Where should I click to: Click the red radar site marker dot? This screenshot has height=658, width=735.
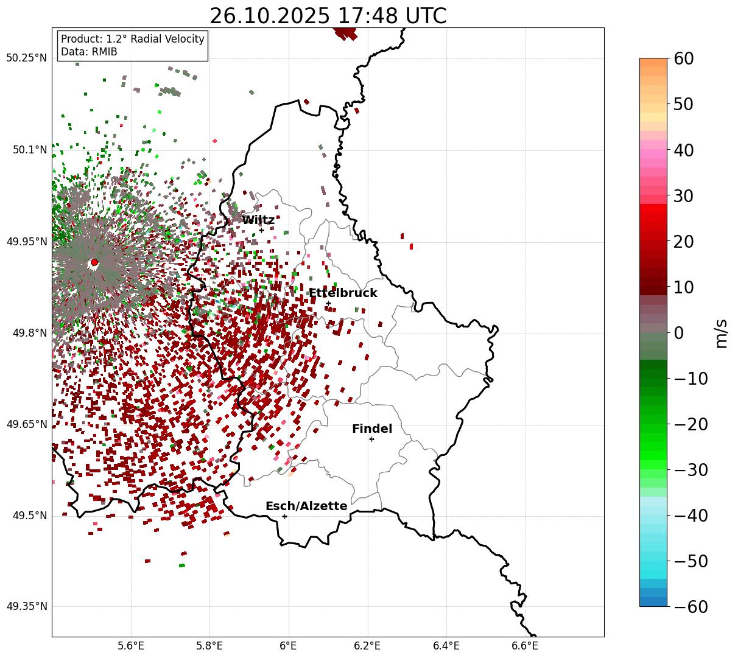(x=94, y=262)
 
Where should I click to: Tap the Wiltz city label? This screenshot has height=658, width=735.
(x=258, y=220)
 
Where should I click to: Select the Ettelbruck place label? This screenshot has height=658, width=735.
(x=343, y=293)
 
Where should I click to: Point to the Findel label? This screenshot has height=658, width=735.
(x=372, y=429)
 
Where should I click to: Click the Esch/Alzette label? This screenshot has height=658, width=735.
(x=306, y=506)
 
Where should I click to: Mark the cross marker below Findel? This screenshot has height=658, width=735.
(x=371, y=439)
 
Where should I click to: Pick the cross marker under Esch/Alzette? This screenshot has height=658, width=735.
(x=284, y=516)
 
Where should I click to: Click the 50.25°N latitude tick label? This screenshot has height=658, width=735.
(x=27, y=58)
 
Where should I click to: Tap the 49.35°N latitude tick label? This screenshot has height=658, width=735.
(x=27, y=606)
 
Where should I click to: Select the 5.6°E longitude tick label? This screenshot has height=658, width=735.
(x=131, y=646)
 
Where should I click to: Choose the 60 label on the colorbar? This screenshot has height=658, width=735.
(x=684, y=58)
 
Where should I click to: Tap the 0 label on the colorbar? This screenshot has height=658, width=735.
(x=678, y=333)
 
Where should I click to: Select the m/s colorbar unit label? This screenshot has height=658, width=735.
(x=722, y=333)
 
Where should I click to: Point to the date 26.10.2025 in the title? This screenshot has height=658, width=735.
(x=262, y=16)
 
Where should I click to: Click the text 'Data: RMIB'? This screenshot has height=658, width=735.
(x=89, y=52)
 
